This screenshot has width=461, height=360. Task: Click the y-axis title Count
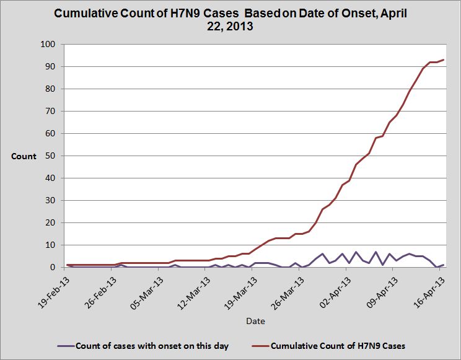(x=24, y=156)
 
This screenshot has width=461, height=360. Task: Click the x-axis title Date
(x=255, y=321)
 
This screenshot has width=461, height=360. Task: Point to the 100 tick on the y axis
(x=48, y=45)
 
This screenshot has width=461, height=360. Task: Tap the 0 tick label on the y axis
(x=53, y=268)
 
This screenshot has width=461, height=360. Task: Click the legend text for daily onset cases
(x=151, y=345)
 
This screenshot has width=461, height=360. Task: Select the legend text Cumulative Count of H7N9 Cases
(x=338, y=345)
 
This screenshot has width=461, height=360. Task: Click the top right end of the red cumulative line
(x=444, y=60)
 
